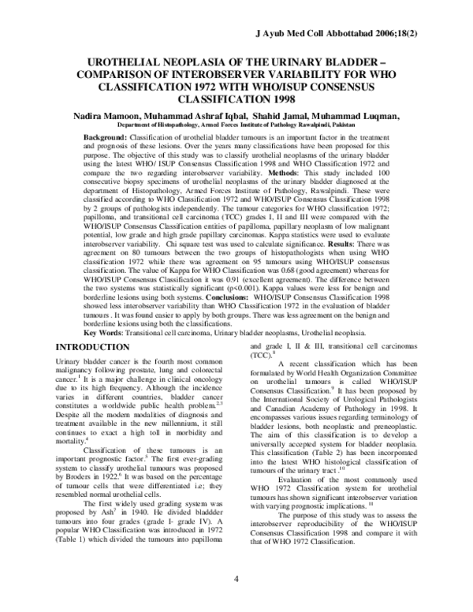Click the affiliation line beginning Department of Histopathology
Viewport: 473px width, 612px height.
point(236,126)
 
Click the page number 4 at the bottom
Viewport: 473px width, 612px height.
point(236,601)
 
